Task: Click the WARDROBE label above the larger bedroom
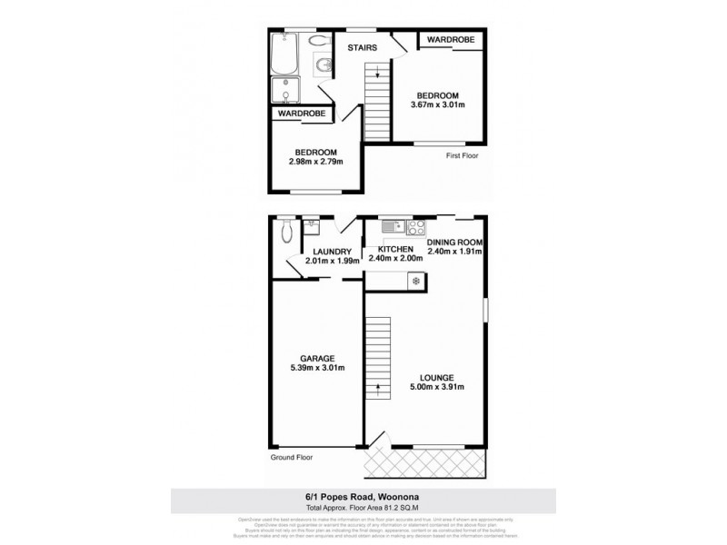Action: point(445,40)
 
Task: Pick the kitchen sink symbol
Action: point(392,227)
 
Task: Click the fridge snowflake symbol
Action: point(416,282)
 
